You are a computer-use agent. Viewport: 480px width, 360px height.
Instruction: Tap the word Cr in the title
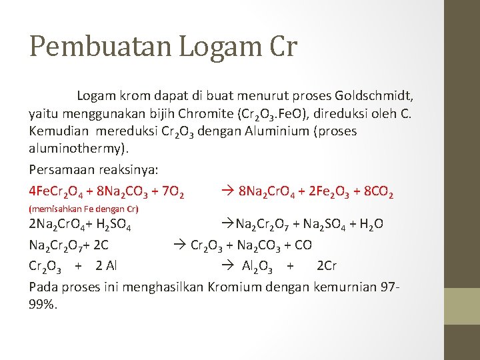(282, 47)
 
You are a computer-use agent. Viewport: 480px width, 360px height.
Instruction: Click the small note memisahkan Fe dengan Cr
(83, 209)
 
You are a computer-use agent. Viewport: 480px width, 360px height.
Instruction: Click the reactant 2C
(100, 245)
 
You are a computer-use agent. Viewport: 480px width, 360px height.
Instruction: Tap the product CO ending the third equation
(303, 245)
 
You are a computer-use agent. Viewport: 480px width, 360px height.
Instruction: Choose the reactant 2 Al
(106, 266)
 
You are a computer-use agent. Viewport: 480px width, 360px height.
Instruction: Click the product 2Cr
(326, 266)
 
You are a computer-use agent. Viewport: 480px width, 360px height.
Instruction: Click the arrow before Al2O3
(226, 266)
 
